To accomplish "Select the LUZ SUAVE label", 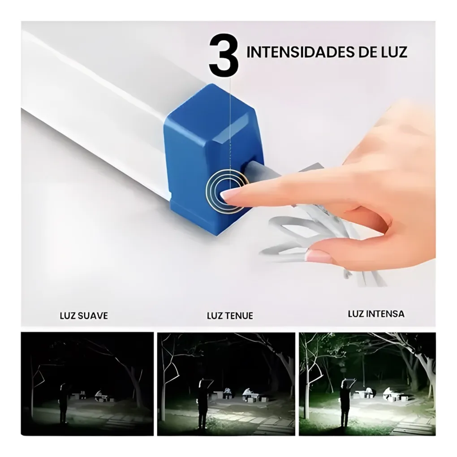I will click(84, 315).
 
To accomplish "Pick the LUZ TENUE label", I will click(230, 315).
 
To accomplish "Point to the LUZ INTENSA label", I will click(376, 314).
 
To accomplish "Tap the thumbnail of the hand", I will click(319, 256).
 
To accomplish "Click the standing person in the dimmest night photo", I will click(63, 403).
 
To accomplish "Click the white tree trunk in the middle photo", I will click(164, 394).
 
